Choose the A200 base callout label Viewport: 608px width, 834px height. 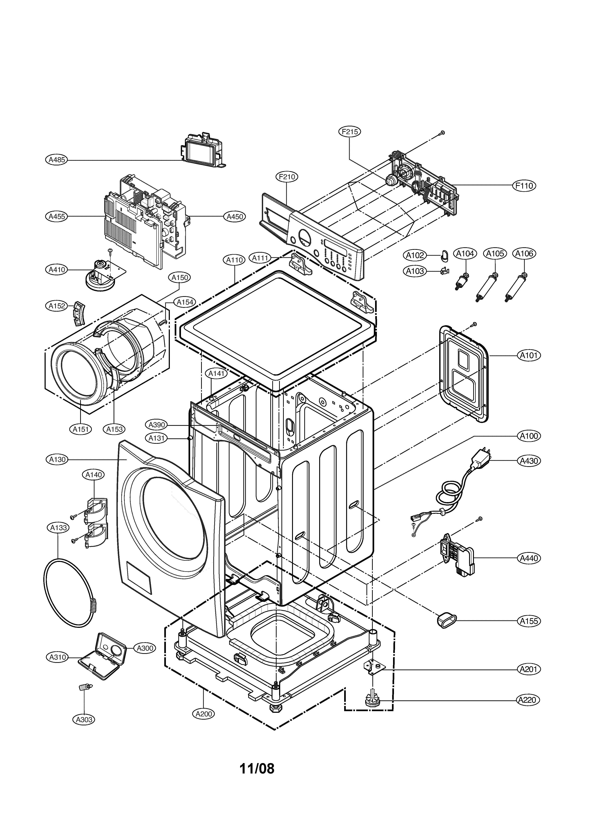(203, 714)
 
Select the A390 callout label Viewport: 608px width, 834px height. (156, 425)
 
